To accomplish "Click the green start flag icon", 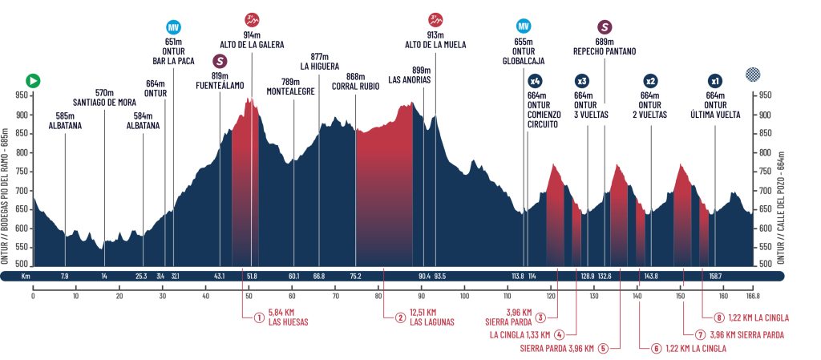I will (x=33, y=80).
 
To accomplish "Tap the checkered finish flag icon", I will (x=752, y=75).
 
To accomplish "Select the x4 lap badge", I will (x=536, y=81).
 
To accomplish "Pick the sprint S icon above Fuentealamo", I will (x=220, y=61).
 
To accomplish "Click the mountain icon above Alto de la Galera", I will (x=252, y=20).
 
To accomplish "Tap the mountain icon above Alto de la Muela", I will (x=435, y=20).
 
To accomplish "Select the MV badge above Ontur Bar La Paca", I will (x=172, y=26).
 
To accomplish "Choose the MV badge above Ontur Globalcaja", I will (x=524, y=26).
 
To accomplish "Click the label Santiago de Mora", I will (x=105, y=102).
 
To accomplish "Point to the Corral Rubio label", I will (x=355, y=86).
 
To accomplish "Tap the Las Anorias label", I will (x=410, y=79).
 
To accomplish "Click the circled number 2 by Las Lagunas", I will (x=399, y=317).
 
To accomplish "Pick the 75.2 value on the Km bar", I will (x=355, y=277).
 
